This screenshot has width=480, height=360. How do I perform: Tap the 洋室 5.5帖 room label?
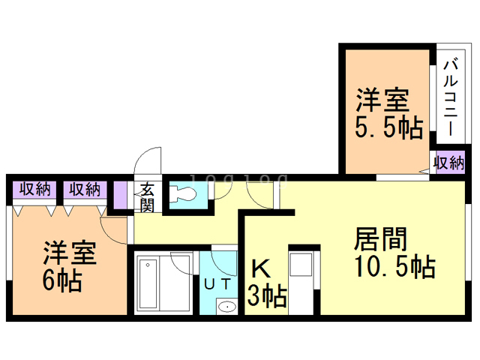click(387, 112)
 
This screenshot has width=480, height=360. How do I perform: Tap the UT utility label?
click(217, 283)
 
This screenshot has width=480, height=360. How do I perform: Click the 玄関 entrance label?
click(147, 196)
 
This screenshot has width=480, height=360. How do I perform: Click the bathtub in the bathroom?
click(148, 285)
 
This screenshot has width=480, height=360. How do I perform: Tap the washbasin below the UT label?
click(226, 307)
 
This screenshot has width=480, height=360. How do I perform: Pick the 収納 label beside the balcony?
click(449, 163)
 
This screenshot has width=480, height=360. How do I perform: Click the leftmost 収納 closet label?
click(34, 189)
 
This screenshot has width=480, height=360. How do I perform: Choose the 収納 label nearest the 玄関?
click(84, 189)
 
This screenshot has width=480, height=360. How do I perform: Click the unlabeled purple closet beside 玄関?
click(121, 196)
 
